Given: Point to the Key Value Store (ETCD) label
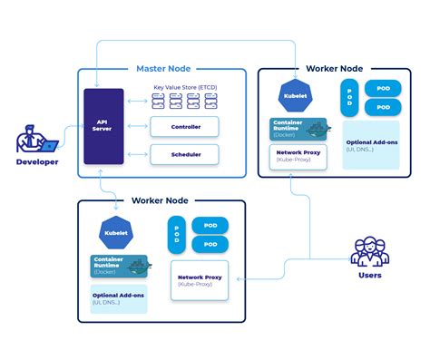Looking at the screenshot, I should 186,87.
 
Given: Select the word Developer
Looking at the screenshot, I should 37,162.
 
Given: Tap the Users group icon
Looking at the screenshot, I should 369,251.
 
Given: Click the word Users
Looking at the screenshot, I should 369,275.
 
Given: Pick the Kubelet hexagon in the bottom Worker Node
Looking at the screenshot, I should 116,232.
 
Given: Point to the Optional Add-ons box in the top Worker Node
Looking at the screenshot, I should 370,145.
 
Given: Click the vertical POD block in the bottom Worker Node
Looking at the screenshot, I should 175,235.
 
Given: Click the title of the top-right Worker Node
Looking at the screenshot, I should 336,68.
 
